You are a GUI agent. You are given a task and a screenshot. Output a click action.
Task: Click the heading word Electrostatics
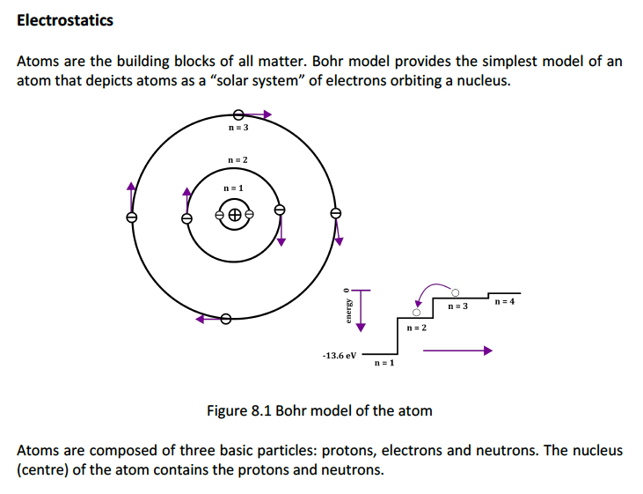pyautogui.click(x=65, y=20)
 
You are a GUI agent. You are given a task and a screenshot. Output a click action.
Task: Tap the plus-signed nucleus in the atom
pyautogui.click(x=234, y=214)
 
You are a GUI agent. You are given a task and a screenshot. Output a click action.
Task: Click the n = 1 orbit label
pyautogui.click(x=233, y=188)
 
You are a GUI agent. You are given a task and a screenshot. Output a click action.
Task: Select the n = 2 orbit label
pyautogui.click(x=237, y=159)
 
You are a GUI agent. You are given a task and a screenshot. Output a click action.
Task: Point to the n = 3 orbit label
pyautogui.click(x=238, y=128)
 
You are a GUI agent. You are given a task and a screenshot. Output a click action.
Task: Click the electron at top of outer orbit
pyautogui.click(x=237, y=114)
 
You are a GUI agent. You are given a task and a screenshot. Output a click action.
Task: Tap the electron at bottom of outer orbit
pyautogui.click(x=226, y=319)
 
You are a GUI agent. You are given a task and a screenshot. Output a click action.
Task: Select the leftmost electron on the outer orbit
pyautogui.click(x=132, y=216)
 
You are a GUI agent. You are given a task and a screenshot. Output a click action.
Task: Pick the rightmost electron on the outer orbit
pyautogui.click(x=334, y=214)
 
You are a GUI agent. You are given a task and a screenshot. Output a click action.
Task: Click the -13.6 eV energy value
pyautogui.click(x=340, y=355)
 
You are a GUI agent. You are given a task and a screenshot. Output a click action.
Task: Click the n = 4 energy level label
pyautogui.click(x=504, y=302)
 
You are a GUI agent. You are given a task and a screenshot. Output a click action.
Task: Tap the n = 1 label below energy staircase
pyautogui.click(x=384, y=364)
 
